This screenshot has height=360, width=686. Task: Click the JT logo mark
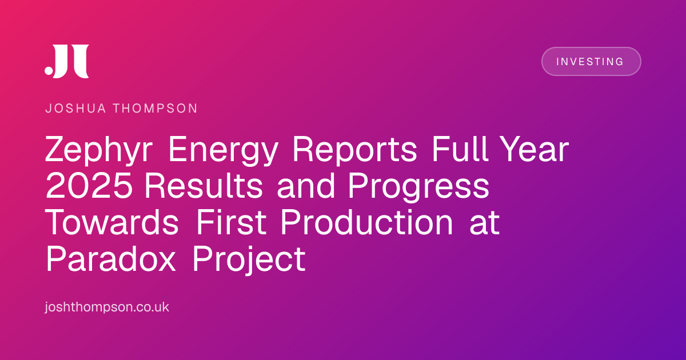point(67,61)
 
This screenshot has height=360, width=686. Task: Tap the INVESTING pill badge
point(591,62)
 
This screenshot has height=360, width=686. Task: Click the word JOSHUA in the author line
point(75,109)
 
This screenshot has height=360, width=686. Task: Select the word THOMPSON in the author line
point(155,109)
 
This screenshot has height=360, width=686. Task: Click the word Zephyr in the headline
point(98,150)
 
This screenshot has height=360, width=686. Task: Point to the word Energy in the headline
point(224,150)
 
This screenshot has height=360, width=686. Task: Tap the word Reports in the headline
point(354,150)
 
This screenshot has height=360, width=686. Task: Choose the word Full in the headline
point(460,149)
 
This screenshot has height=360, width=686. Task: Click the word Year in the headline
point(536,149)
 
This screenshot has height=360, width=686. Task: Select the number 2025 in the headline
point(89,186)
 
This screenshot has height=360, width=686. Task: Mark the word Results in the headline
point(204,186)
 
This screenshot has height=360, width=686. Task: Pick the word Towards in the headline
point(112,222)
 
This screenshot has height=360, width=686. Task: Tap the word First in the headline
point(231,222)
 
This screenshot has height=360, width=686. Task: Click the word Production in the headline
point(367,222)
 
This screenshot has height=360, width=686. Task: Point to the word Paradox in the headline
point(111,259)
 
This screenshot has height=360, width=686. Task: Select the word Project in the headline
point(249,260)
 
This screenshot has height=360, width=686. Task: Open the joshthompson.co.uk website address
point(107,307)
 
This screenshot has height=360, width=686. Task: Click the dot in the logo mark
point(49,70)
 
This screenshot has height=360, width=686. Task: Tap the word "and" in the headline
point(305,186)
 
